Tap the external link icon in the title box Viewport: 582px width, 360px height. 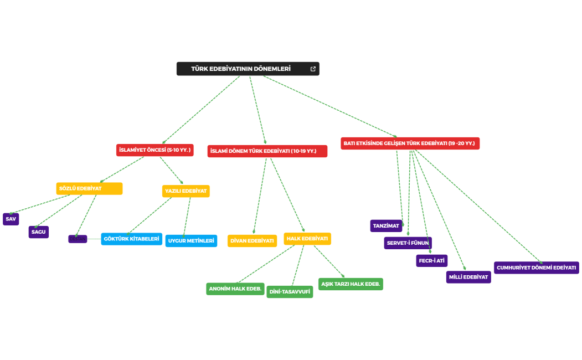pyautogui.click(x=313, y=69)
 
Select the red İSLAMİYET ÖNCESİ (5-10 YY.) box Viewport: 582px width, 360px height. pyautogui.click(x=155, y=150)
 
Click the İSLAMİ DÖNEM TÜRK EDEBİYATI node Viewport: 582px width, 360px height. pyautogui.click(x=267, y=151)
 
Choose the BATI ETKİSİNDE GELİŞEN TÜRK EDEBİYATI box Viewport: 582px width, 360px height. pyautogui.click(x=410, y=143)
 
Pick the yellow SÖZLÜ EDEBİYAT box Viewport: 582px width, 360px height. pyautogui.click(x=89, y=189)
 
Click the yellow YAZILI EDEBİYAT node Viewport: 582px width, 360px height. pyautogui.click(x=186, y=191)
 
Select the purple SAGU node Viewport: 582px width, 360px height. pyautogui.click(x=39, y=232)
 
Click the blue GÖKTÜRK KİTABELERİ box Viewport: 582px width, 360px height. pyautogui.click(x=132, y=239)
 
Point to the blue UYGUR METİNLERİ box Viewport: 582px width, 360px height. pyautogui.click(x=191, y=241)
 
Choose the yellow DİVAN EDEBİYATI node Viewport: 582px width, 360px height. pyautogui.click(x=252, y=241)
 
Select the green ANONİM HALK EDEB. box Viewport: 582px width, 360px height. pyautogui.click(x=235, y=289)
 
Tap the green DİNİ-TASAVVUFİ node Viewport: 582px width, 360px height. pyautogui.click(x=290, y=292)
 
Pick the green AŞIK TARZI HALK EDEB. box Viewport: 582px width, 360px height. pyautogui.click(x=351, y=284)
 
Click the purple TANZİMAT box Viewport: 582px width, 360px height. pyautogui.click(x=386, y=226)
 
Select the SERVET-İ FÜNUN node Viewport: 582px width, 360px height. pyautogui.click(x=408, y=243)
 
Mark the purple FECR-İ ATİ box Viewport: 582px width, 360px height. pyautogui.click(x=431, y=261)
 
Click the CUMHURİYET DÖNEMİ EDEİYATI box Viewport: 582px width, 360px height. pyautogui.click(x=536, y=268)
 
